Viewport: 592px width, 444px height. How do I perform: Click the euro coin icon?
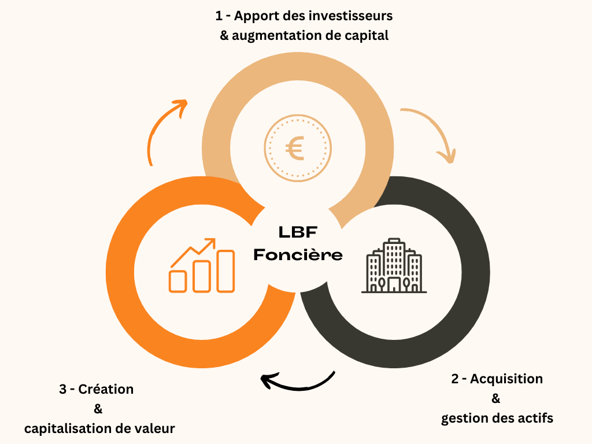(298, 148)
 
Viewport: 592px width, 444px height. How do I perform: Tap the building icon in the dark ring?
(394, 265)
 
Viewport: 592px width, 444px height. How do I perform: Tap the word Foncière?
(298, 254)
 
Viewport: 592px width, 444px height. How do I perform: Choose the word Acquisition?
(506, 379)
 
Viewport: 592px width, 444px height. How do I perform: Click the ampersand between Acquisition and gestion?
(496, 398)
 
